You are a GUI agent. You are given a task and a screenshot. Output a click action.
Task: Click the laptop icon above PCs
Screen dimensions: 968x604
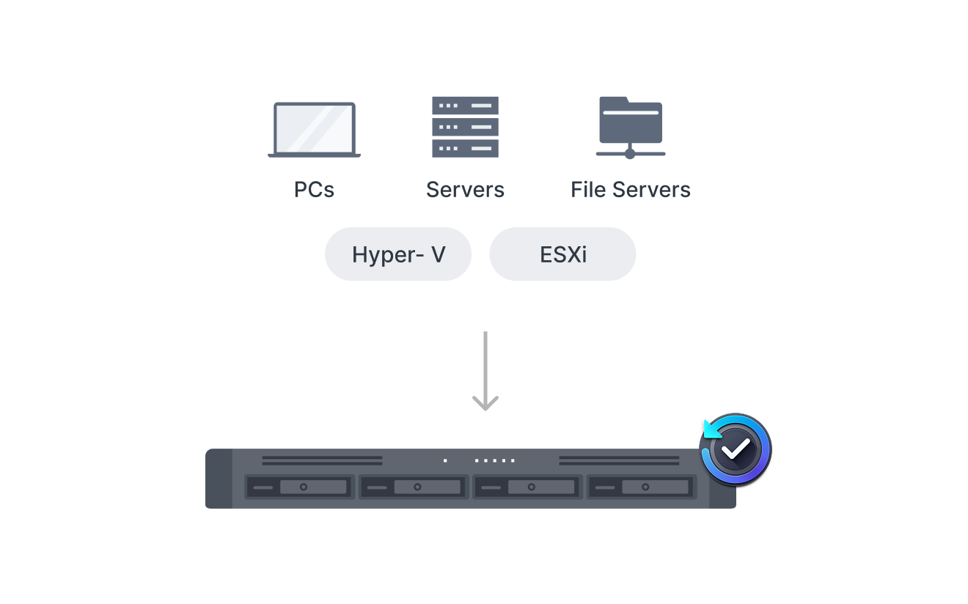[314, 130]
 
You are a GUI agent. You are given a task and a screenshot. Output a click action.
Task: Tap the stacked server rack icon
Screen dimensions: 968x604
[465, 127]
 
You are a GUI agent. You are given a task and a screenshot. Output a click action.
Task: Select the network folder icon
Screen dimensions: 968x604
[631, 128]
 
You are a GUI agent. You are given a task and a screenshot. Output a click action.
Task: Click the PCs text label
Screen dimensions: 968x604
[314, 190]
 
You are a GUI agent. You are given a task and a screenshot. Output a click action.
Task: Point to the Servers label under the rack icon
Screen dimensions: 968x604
[465, 190]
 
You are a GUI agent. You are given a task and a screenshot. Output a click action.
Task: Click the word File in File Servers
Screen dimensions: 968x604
[588, 190]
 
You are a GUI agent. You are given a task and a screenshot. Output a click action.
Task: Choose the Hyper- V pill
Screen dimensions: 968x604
[398, 254]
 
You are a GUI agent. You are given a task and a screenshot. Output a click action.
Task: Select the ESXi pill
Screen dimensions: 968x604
[562, 254]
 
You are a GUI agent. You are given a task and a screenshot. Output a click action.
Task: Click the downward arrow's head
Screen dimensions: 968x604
[485, 403]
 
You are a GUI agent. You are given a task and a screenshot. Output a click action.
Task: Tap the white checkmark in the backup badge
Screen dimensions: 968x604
[736, 449]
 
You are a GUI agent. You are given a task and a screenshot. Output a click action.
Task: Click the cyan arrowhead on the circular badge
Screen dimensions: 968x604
[711, 430]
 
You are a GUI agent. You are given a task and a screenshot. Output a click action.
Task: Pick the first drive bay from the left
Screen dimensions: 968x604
[299, 487]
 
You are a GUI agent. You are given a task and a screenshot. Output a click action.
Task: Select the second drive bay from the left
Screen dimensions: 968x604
[414, 487]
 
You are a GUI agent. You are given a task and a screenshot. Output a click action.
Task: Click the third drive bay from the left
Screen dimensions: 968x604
[528, 487]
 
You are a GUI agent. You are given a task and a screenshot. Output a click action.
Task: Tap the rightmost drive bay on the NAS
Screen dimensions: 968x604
[642, 487]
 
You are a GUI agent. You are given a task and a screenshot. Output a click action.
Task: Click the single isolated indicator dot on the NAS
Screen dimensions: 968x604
[445, 460]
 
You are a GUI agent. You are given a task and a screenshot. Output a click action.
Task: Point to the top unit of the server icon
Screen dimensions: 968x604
[465, 106]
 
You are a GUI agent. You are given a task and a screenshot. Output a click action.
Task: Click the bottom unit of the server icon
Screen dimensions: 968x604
[465, 148]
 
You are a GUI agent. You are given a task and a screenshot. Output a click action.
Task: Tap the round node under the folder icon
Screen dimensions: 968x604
[630, 154]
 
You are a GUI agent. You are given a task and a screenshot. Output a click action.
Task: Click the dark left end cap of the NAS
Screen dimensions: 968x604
[219, 478]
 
